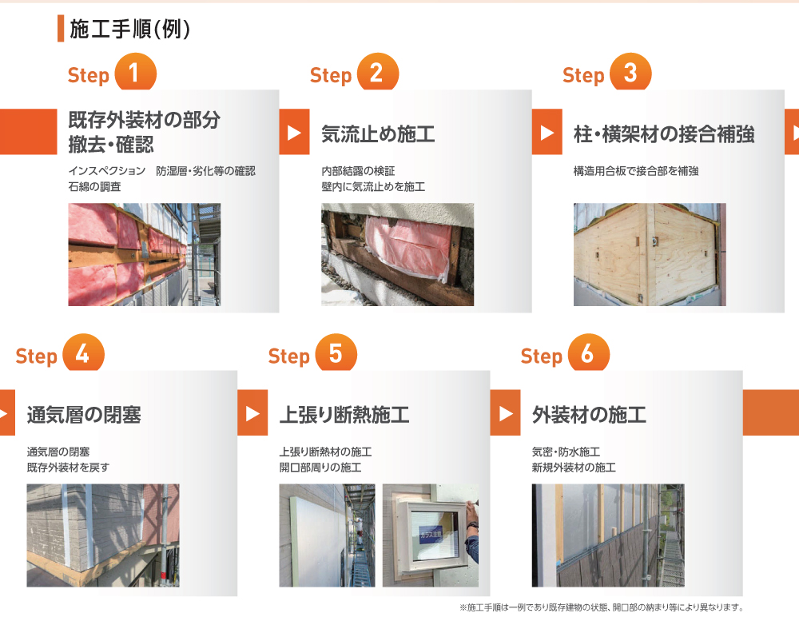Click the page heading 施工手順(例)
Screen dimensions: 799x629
[129, 29]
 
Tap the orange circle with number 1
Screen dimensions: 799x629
[135, 73]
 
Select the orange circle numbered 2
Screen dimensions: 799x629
[378, 73]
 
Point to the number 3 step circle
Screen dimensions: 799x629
[630, 73]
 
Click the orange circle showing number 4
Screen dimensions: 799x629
[84, 352]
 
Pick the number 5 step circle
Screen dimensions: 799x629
[336, 352]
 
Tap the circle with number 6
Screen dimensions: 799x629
[589, 352]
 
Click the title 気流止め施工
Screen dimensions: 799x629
[378, 134]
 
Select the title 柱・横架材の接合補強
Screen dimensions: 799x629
[664, 134]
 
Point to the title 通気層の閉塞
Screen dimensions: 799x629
[84, 415]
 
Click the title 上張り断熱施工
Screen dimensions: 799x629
[344, 415]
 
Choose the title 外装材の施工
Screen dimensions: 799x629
[589, 415]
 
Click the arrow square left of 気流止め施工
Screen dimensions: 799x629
[295, 132]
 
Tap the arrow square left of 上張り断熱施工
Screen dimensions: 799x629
[252, 413]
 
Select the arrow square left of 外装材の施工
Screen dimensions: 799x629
[506, 413]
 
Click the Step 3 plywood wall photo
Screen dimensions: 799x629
[650, 254]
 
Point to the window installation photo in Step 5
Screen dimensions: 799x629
[431, 535]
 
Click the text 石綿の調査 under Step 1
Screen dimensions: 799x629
[95, 186]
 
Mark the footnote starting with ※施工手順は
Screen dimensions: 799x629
[602, 607]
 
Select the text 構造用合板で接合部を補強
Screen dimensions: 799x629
[636, 171]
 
